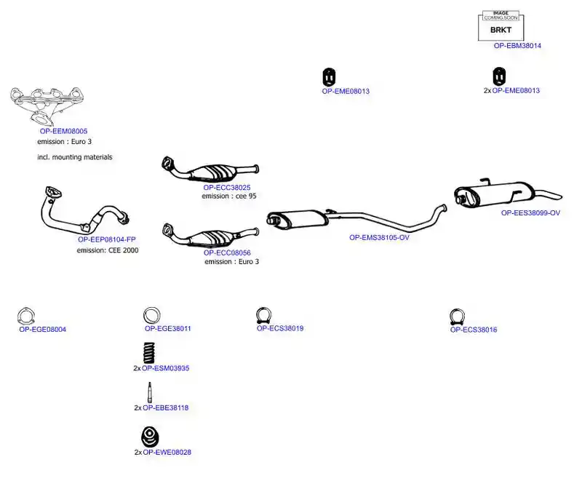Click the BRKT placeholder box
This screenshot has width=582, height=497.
[x=501, y=26]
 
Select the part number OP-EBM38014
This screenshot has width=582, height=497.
[x=517, y=46]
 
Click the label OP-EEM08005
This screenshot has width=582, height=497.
[x=63, y=131]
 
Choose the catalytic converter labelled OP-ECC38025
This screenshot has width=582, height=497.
[x=210, y=171]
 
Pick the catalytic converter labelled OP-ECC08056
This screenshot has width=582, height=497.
[x=210, y=236]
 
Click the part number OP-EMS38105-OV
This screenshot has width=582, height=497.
[x=379, y=237]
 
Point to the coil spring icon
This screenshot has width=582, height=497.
[x=149, y=352]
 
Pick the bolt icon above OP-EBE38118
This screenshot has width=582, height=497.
[x=150, y=392]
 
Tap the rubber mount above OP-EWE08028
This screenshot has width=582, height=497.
[x=150, y=437]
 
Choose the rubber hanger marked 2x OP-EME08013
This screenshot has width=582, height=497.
[x=499, y=76]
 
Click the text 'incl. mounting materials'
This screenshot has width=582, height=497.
[x=75, y=157]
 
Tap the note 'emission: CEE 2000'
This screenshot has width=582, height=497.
[x=108, y=250]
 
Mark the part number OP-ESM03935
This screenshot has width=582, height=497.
[x=166, y=368]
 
